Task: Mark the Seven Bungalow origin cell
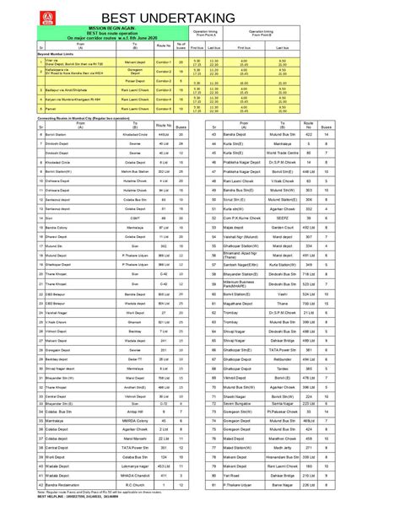coord(246,428)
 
